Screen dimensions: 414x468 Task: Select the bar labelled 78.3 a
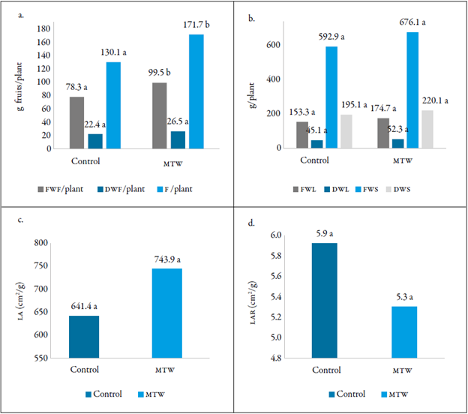click(76, 122)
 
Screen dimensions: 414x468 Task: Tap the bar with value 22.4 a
click(94, 140)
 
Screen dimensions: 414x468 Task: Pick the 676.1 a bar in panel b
click(411, 90)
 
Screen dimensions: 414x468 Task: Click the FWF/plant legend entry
click(78, 189)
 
